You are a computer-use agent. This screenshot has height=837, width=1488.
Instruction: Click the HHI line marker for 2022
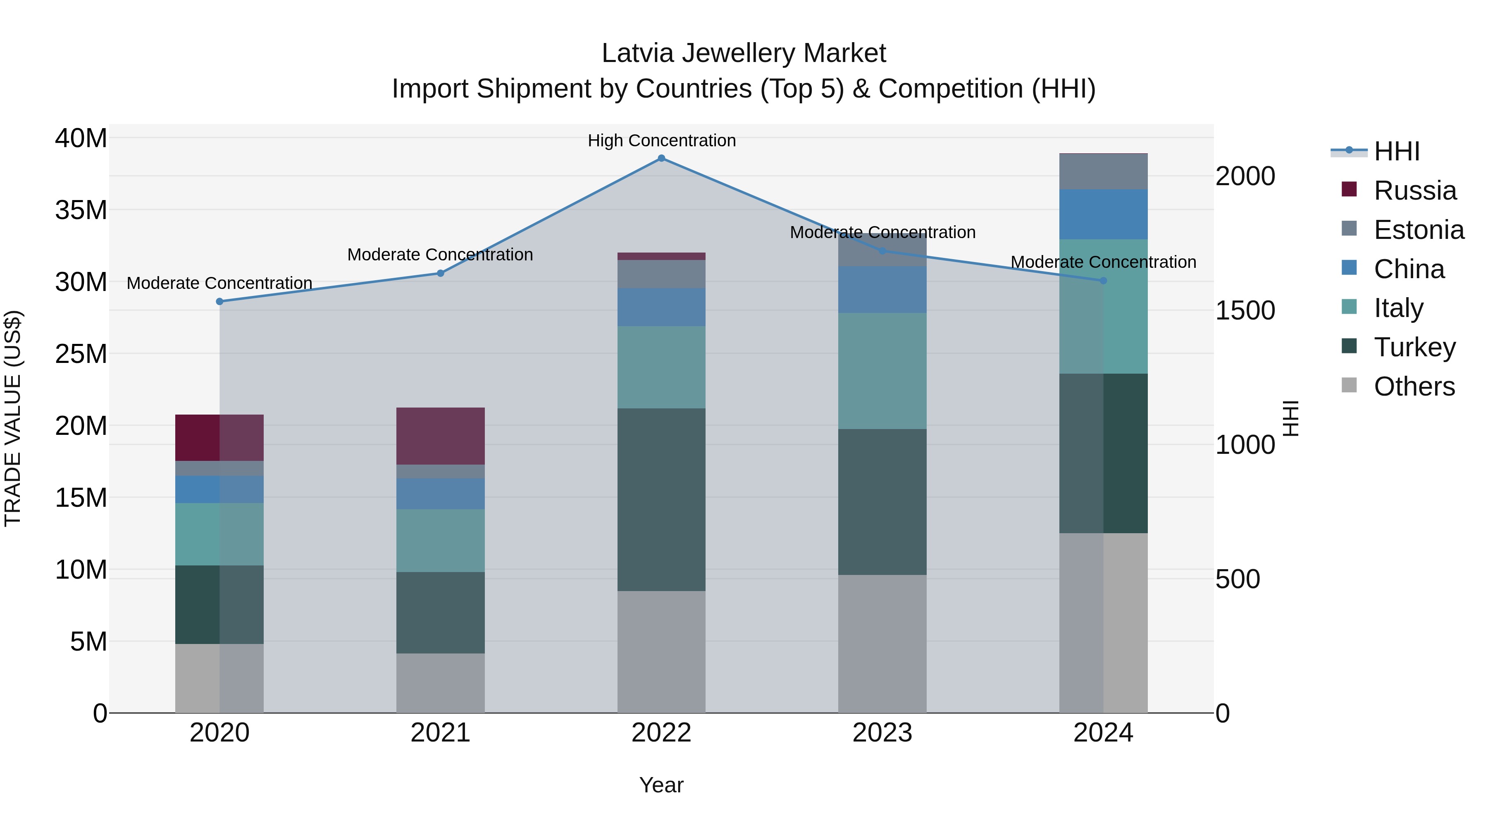661,158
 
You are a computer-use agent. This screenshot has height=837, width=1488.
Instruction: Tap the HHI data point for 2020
219,302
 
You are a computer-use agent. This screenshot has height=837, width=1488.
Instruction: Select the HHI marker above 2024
1103,281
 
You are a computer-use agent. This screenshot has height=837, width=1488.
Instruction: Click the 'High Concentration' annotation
661,141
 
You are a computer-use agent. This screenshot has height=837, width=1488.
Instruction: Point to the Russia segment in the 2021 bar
440,436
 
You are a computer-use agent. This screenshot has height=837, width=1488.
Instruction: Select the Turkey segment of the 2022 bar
661,500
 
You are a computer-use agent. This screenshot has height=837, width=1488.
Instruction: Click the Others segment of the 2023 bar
882,644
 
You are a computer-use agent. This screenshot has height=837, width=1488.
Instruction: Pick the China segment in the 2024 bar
1103,214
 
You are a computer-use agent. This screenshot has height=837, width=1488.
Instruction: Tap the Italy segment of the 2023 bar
882,371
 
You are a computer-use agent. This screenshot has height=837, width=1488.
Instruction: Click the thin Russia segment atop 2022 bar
661,256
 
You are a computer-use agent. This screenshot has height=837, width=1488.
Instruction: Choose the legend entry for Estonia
1419,230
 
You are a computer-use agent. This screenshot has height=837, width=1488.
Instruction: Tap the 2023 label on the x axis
882,733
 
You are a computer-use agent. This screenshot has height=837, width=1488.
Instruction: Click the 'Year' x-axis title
661,785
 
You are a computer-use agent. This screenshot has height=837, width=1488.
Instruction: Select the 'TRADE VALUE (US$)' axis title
13,418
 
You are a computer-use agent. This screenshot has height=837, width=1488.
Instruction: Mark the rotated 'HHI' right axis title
1290,418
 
